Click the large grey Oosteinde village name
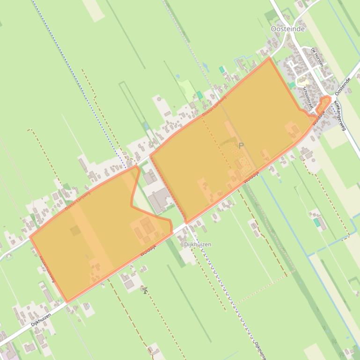click(x=287, y=29)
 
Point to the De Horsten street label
click(x=317, y=57)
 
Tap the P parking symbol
click(x=241, y=146)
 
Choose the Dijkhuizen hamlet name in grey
click(x=197, y=245)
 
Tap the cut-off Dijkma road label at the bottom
click(x=260, y=351)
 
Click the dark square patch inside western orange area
click(x=75, y=230)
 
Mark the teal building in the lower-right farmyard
click(x=317, y=223)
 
